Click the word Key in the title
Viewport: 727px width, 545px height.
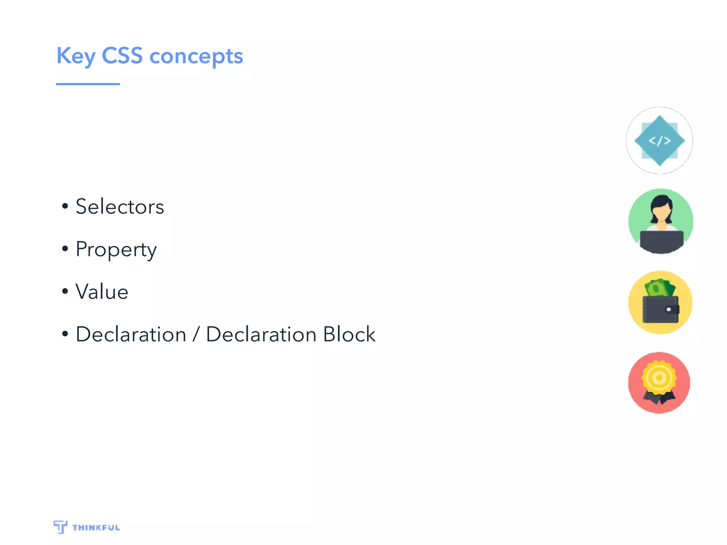pyautogui.click(x=76, y=56)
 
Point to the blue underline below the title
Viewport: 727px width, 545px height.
pyautogui.click(x=88, y=84)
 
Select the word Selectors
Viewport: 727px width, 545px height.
pyautogui.click(x=120, y=207)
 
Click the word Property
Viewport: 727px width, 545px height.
pyautogui.click(x=116, y=249)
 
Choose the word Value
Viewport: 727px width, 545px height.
pyautogui.click(x=102, y=292)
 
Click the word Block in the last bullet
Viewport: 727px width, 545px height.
pyautogui.click(x=349, y=334)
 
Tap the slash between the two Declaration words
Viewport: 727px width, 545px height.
pyautogui.click(x=196, y=335)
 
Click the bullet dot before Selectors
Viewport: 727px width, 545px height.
pyautogui.click(x=65, y=206)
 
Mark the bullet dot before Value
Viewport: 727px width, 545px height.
pyautogui.click(x=65, y=291)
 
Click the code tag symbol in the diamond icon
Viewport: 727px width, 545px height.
pyautogui.click(x=660, y=141)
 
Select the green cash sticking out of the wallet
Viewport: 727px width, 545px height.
pyautogui.click(x=659, y=288)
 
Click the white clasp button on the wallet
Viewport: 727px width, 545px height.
pyautogui.click(x=669, y=309)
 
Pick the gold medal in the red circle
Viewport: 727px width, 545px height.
pyautogui.click(x=659, y=378)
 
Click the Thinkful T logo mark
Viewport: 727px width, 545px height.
pyautogui.click(x=60, y=527)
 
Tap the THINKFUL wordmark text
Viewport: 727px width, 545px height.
pyautogui.click(x=96, y=528)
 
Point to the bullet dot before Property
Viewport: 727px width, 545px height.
pyautogui.click(x=65, y=249)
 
